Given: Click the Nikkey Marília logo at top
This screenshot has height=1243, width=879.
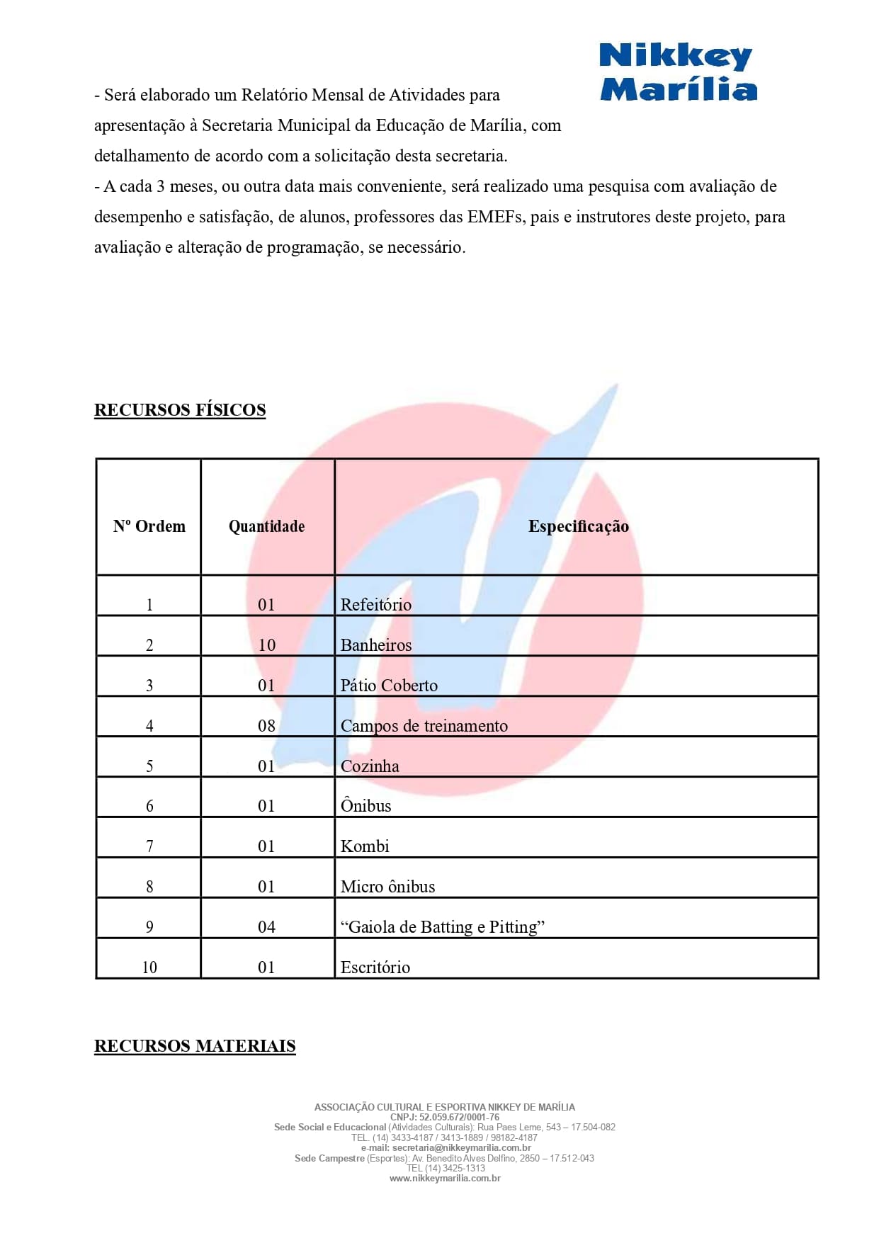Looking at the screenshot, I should tap(678, 72).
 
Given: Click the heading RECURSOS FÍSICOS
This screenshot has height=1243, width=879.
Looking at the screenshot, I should tap(180, 410).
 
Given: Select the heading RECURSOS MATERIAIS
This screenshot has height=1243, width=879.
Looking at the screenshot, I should tap(195, 1046).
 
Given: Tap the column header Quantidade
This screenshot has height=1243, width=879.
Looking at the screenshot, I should tap(266, 526).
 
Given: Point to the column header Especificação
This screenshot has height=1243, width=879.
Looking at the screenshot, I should tap(578, 526).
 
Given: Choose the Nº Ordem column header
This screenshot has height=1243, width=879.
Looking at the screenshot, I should tap(149, 526).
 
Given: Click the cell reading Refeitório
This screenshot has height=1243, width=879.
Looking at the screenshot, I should tap(375, 605).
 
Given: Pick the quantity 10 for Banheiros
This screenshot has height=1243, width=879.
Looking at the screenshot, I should tap(266, 645).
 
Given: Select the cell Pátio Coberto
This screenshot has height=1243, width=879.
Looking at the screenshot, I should tap(389, 686).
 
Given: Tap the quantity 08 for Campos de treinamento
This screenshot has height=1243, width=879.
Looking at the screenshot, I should tap(266, 726).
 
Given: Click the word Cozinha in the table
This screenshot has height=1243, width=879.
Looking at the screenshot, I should tap(370, 766).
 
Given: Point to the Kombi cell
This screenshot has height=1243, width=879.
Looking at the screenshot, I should tap(365, 846).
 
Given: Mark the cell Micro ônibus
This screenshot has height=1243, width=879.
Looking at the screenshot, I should tap(387, 887).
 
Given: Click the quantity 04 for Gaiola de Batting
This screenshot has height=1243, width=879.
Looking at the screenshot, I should tap(266, 927).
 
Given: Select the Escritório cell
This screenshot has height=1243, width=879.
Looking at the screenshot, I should tap(375, 967).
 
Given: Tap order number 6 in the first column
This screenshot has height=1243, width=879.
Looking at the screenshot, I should tap(149, 806).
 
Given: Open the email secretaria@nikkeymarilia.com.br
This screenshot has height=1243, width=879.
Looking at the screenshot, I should tap(461, 1147).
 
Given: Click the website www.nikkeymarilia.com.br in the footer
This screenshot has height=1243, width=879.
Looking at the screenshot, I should tap(445, 1179).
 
